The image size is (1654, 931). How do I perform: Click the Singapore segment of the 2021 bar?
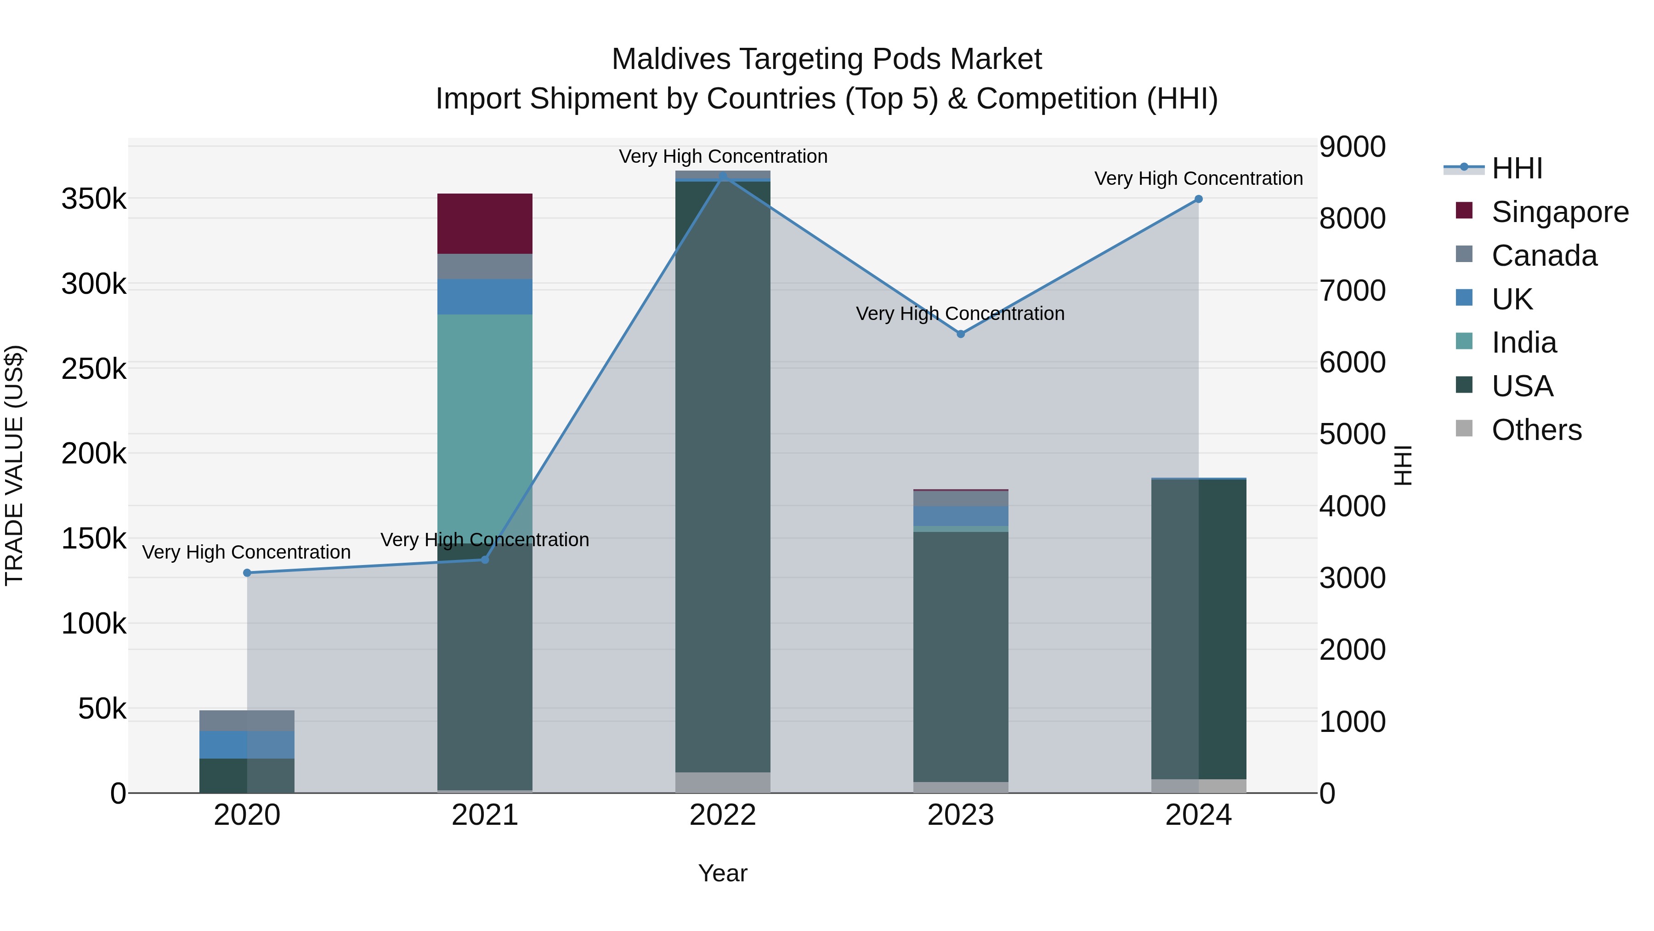[x=485, y=223]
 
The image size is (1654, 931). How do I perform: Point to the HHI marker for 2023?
[x=961, y=334]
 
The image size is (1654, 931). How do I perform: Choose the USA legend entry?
[x=1522, y=386]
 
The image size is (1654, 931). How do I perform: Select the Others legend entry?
[x=1536, y=430]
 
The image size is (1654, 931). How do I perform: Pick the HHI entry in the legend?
[x=1516, y=168]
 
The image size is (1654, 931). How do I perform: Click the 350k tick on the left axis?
[x=94, y=199]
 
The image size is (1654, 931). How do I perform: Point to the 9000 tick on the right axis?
[x=1352, y=147]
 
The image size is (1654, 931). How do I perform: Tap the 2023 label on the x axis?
[x=961, y=815]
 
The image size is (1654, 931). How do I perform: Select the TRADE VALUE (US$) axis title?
[x=14, y=465]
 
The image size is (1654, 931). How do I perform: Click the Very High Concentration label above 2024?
[x=1198, y=179]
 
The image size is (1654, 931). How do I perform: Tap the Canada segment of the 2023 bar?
[x=961, y=498]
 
